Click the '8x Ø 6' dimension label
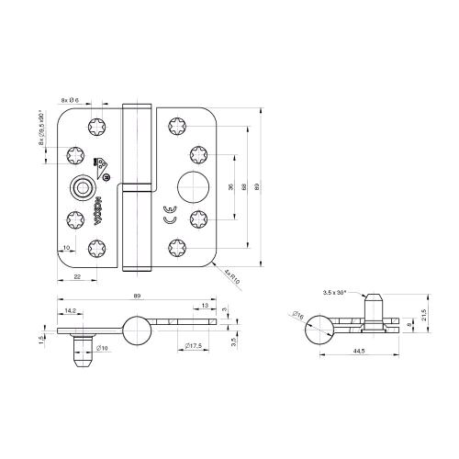71,99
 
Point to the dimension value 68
243,186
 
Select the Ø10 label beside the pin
102,348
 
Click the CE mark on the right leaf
168,213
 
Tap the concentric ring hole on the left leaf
84,188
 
